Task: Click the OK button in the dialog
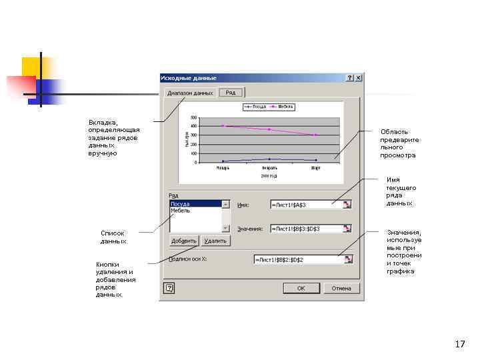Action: pos(301,289)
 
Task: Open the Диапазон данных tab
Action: pos(190,93)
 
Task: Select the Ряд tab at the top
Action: pos(230,93)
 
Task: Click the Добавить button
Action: pos(184,241)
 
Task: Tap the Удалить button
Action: pos(215,241)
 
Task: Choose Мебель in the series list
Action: pos(181,211)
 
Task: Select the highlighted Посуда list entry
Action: pos(181,204)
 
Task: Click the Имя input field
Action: pos(306,205)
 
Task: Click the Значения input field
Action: pos(306,229)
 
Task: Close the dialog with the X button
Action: pos(359,78)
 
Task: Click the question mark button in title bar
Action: pos(350,78)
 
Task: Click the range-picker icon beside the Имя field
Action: pos(347,205)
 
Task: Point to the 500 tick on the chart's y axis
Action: pos(193,117)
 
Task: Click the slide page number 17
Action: pos(459,345)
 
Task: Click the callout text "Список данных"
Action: pos(113,237)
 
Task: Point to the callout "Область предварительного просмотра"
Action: pos(399,143)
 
